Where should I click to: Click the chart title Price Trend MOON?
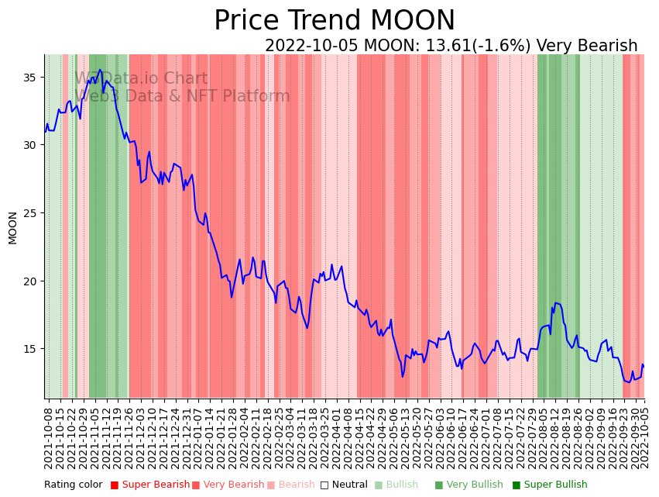tap(335, 21)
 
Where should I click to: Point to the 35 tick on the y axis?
tap(33, 78)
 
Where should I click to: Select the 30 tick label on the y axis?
tap(33, 145)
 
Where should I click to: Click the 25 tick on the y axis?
tap(33, 213)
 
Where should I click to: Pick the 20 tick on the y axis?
tap(33, 281)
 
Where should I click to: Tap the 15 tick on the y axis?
tap(33, 349)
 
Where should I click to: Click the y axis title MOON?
tap(12, 227)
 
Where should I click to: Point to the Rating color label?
tap(73, 485)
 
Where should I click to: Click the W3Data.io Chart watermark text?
tap(141, 79)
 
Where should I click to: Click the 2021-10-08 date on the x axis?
tap(48, 438)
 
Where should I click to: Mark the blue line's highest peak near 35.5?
tap(100, 70)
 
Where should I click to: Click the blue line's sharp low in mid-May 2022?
tap(403, 377)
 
